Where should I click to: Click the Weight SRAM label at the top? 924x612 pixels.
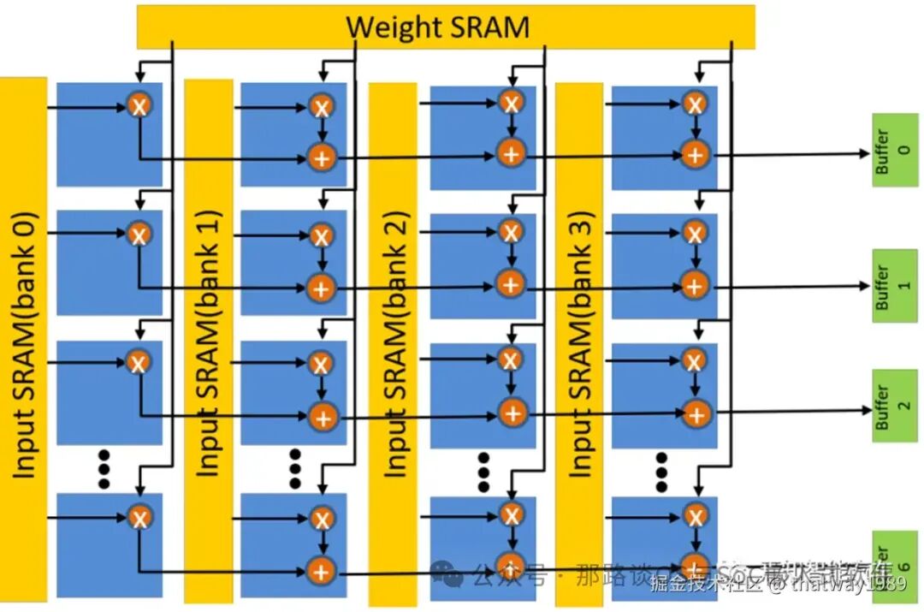(x=438, y=27)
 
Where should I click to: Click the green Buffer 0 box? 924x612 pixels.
(x=893, y=150)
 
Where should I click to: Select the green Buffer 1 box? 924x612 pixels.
(x=893, y=286)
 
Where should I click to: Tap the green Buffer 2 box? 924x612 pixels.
(x=893, y=406)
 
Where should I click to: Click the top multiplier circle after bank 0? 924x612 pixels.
(x=139, y=105)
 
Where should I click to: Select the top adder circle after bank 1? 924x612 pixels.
(x=322, y=157)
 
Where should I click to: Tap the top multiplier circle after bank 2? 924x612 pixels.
(x=511, y=103)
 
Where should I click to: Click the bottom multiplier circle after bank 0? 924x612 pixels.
(x=139, y=516)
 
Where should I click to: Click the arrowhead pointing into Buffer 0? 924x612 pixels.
(x=862, y=153)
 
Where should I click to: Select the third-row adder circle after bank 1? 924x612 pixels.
(x=322, y=417)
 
